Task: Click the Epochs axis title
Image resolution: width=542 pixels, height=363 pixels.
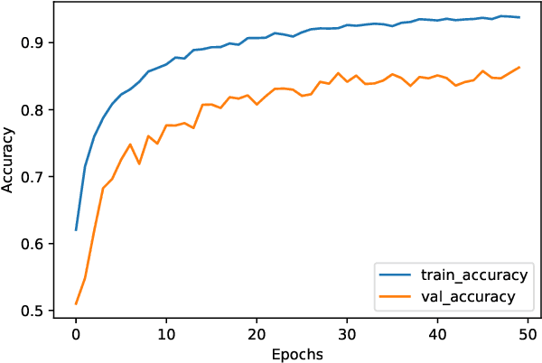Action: pyautogui.click(x=297, y=354)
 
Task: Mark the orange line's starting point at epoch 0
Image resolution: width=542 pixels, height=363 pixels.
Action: pyautogui.click(x=76, y=303)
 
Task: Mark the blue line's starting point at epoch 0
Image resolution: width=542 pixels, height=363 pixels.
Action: pyautogui.click(x=76, y=230)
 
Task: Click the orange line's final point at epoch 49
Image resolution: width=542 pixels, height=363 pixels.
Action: pyautogui.click(x=519, y=67)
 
